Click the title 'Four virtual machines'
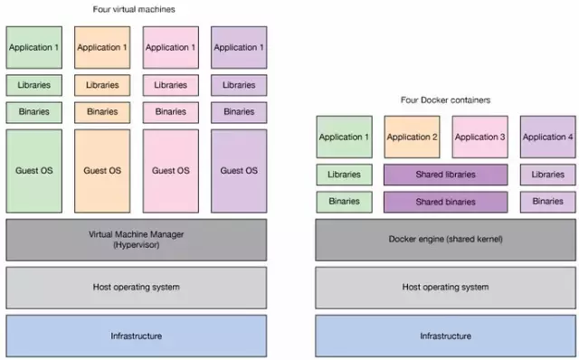coord(134,9)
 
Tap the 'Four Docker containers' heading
coord(444,100)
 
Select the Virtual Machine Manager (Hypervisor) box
coord(136,240)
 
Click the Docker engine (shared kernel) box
coord(444,240)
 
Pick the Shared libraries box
coord(445,175)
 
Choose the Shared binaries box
coord(445,202)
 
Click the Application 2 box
coord(412,137)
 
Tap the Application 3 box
coord(479,137)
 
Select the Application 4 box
coord(547,137)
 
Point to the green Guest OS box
coord(33,170)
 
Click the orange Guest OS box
coord(101,170)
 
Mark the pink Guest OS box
coord(170,170)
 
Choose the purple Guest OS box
coord(239,170)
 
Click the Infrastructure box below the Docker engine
coord(444,336)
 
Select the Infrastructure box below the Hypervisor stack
coord(136,336)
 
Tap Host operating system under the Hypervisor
coord(136,288)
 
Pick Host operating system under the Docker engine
coord(444,288)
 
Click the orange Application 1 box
coord(101,47)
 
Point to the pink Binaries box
coord(170,112)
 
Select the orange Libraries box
coord(101,85)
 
